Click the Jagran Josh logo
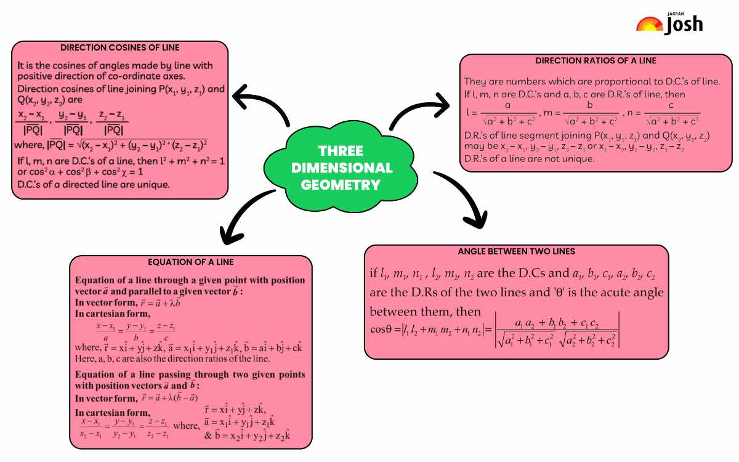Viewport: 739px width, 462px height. click(669, 23)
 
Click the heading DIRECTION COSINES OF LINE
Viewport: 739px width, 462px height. click(119, 47)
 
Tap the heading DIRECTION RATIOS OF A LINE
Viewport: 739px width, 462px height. click(596, 61)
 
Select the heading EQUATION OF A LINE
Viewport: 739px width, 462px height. click(191, 262)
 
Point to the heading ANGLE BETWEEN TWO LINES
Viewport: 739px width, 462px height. click(516, 251)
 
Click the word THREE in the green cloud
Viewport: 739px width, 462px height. click(341, 151)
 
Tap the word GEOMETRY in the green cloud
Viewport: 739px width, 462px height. click(341, 185)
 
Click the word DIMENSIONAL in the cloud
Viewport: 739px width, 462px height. click(342, 168)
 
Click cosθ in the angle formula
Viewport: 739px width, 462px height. click(381, 330)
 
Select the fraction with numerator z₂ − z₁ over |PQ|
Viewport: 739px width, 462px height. click(112, 123)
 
